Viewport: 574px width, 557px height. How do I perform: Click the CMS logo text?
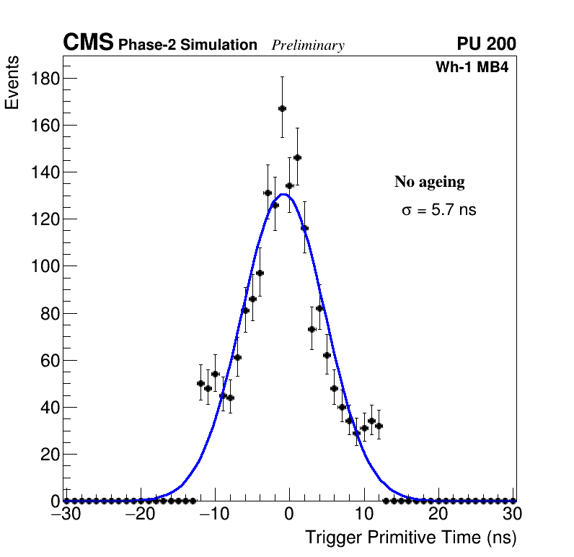tap(88, 43)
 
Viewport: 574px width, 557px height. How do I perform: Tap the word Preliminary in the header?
tap(308, 45)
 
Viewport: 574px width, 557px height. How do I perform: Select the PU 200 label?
tap(486, 44)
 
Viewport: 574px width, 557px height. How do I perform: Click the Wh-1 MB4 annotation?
tap(472, 69)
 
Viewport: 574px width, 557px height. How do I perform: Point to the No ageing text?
tap(429, 182)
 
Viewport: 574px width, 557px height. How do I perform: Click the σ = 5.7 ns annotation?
tap(438, 211)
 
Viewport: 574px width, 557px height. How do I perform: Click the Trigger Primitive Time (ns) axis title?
tap(410, 538)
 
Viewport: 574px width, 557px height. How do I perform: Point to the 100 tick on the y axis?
tap(45, 266)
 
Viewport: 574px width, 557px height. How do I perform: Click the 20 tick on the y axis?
tap(49, 455)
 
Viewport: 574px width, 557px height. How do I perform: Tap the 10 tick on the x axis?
tap(364, 514)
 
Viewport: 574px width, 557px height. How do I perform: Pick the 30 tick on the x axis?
tap(513, 514)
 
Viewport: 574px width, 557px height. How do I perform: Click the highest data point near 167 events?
tap(282, 108)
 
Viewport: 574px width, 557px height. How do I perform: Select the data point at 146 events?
tap(297, 157)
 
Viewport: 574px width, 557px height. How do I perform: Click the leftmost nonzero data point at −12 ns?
tap(200, 383)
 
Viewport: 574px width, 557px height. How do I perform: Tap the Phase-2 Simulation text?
tap(187, 45)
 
